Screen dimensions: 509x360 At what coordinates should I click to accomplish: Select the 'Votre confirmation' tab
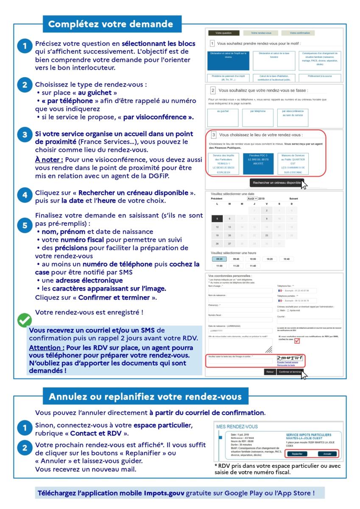point(300,33)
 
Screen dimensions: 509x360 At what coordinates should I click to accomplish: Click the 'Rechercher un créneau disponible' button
point(276,183)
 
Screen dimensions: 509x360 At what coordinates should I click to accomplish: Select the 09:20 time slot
point(219,259)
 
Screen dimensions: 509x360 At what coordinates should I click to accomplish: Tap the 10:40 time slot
point(286,259)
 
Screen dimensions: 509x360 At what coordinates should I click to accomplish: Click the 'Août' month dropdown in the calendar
point(252,199)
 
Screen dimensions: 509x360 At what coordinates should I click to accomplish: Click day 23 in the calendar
point(266,235)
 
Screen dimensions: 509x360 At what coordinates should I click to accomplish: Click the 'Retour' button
point(269,372)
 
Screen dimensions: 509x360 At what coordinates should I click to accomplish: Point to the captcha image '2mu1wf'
point(290,358)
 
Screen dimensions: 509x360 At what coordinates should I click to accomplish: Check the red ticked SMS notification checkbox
point(296,341)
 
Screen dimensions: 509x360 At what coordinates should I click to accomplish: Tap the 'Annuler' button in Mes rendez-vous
point(327,453)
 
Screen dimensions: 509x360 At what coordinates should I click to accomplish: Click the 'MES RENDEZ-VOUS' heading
point(237,426)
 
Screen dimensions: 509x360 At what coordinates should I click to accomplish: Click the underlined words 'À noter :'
point(49,159)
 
